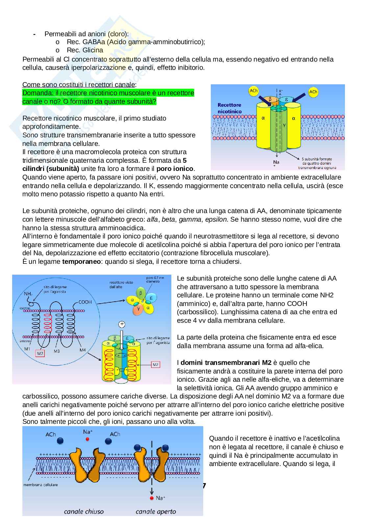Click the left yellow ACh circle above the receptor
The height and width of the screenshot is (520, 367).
[254, 91]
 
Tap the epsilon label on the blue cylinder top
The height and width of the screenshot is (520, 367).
[286, 99]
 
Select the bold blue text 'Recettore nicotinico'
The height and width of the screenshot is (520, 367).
[230, 108]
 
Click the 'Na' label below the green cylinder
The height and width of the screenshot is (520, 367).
[276, 162]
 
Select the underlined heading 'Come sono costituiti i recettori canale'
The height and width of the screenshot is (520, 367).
[78, 85]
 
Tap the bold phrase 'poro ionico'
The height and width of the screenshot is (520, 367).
[175, 169]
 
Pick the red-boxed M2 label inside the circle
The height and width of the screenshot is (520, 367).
[40, 353]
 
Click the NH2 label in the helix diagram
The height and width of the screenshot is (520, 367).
[28, 293]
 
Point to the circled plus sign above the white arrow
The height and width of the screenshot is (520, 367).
[122, 324]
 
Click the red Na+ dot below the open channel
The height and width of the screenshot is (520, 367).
[152, 498]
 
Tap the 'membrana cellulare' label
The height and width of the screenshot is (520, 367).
[40, 484]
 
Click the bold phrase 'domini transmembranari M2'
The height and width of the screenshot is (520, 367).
[226, 363]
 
